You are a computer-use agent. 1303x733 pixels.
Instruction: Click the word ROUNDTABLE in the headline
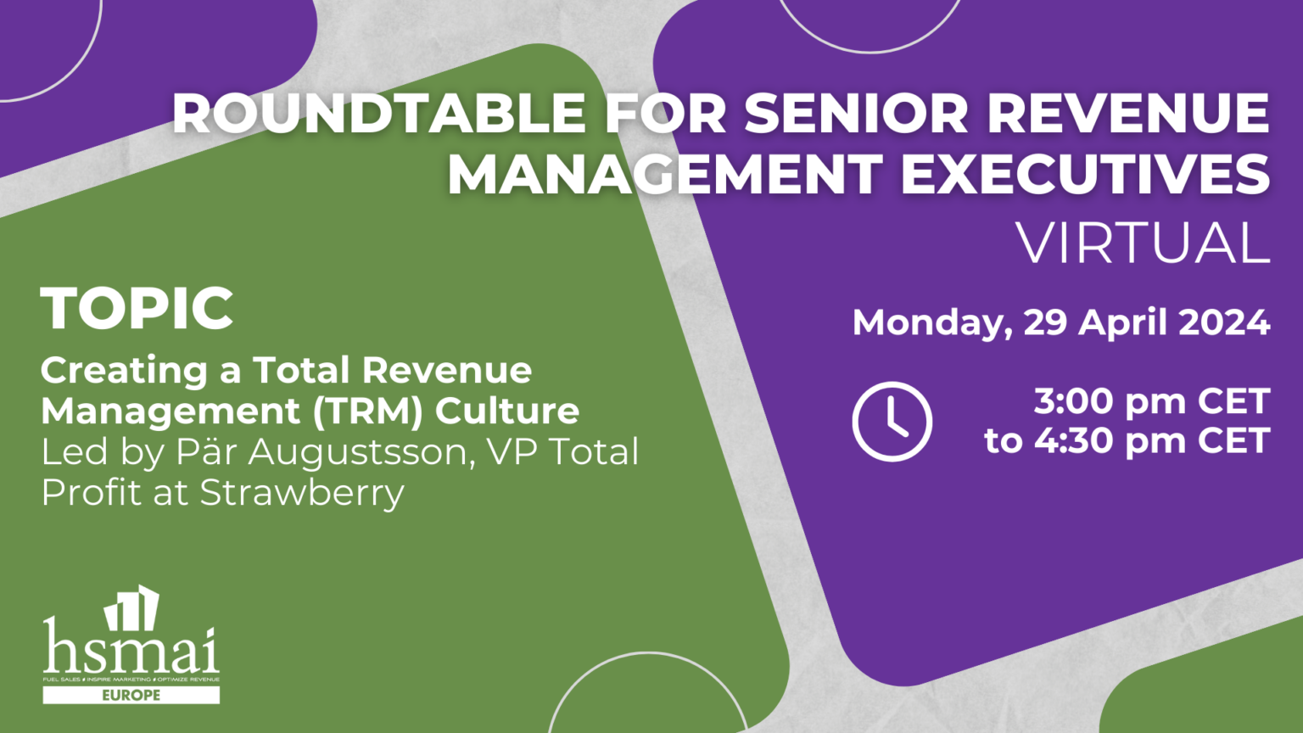coord(380,113)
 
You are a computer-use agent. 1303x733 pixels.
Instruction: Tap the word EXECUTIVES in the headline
coord(1085,174)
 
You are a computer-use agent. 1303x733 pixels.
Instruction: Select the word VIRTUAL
coord(1143,243)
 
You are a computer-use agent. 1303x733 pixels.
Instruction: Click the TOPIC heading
coord(137,308)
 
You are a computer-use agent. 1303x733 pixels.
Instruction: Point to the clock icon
coord(892,422)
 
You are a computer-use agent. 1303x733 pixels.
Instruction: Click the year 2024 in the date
coord(1224,322)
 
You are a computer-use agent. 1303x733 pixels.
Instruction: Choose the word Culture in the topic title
coord(507,411)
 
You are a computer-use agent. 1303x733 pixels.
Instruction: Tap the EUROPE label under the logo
coord(131,696)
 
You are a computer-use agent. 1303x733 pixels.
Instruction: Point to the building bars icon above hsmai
coord(132,607)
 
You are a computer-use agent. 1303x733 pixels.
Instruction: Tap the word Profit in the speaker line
coord(91,493)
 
